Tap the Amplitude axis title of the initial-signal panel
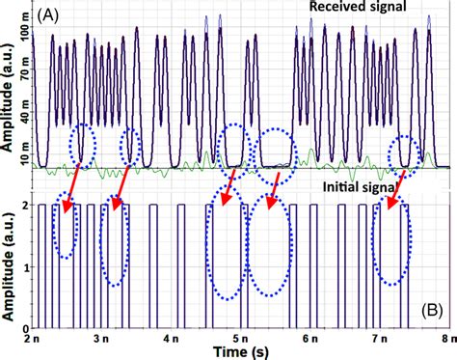pos(9,265)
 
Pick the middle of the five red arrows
pos(229,187)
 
